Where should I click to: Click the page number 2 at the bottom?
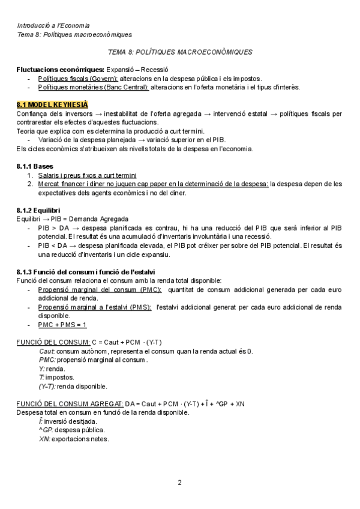click(179, 483)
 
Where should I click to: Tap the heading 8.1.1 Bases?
click(35, 166)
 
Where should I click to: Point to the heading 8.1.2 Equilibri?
click(40, 210)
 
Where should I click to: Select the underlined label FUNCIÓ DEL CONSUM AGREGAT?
click(70, 403)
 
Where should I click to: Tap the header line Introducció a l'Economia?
click(54, 26)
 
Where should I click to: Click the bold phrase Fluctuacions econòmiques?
click(61, 70)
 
